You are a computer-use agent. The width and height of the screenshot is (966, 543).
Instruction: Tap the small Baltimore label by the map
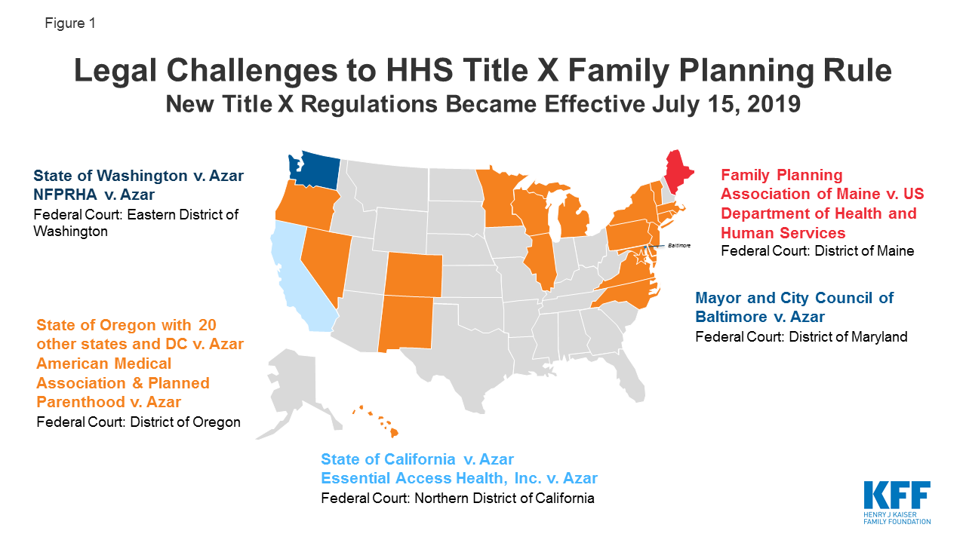[679, 246]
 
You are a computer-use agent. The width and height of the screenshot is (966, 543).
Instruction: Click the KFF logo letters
[897, 497]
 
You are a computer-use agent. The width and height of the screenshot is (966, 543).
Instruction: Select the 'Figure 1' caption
[69, 23]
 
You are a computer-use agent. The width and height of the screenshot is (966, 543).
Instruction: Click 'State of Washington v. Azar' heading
[139, 176]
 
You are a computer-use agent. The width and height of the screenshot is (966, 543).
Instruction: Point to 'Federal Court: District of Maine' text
[817, 251]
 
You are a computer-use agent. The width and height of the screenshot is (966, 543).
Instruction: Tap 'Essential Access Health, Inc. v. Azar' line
[459, 477]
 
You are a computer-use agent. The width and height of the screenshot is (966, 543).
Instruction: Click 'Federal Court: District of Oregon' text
[138, 422]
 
